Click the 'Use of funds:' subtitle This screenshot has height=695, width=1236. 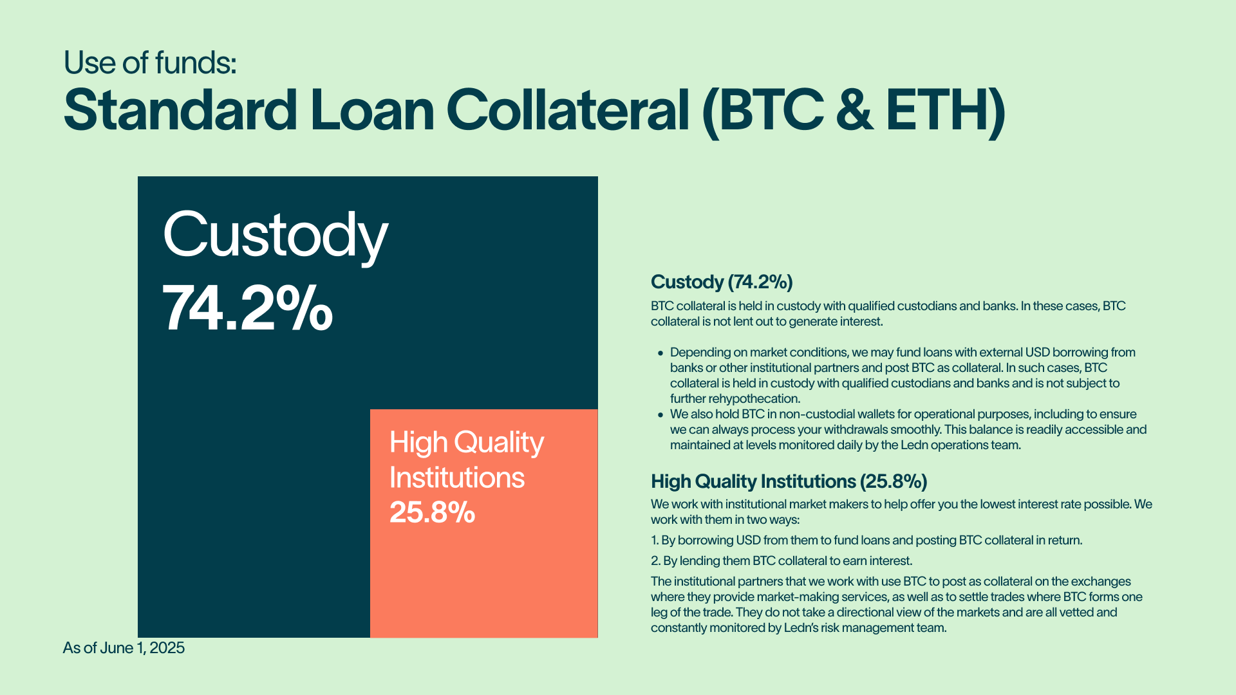[x=150, y=62]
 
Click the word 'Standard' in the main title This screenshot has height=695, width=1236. [x=180, y=110]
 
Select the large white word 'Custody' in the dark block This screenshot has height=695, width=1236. [x=276, y=236]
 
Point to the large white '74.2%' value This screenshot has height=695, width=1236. [x=248, y=309]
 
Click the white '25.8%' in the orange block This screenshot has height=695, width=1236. [x=432, y=512]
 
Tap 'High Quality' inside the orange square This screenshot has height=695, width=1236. [x=467, y=443]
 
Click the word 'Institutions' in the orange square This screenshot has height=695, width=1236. [x=457, y=477]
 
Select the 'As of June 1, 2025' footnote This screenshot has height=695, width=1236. [x=124, y=648]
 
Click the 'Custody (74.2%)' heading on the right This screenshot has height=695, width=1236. [x=722, y=282]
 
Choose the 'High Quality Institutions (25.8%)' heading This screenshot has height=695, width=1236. [x=789, y=481]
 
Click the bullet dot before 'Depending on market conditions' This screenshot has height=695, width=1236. [x=660, y=353]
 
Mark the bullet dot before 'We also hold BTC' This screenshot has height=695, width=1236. [x=660, y=415]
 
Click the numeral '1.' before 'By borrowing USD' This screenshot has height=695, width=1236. [x=655, y=541]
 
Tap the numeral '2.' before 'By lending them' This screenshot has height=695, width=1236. [x=655, y=561]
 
